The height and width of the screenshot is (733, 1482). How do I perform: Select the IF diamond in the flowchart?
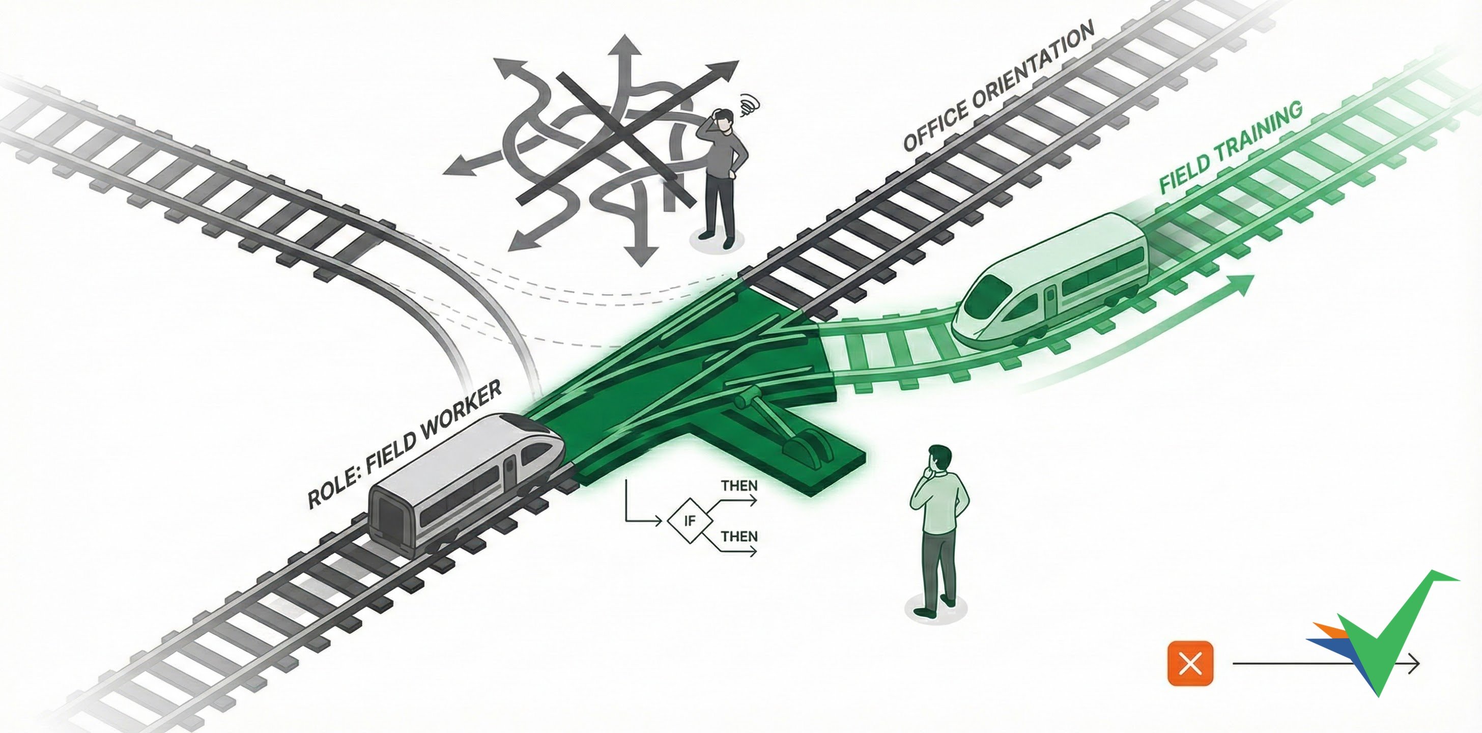[x=689, y=521]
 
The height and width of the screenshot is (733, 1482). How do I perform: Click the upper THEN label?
[x=739, y=486]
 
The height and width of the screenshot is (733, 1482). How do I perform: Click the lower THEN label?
[x=739, y=536]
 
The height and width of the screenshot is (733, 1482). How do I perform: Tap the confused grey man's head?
[x=723, y=120]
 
